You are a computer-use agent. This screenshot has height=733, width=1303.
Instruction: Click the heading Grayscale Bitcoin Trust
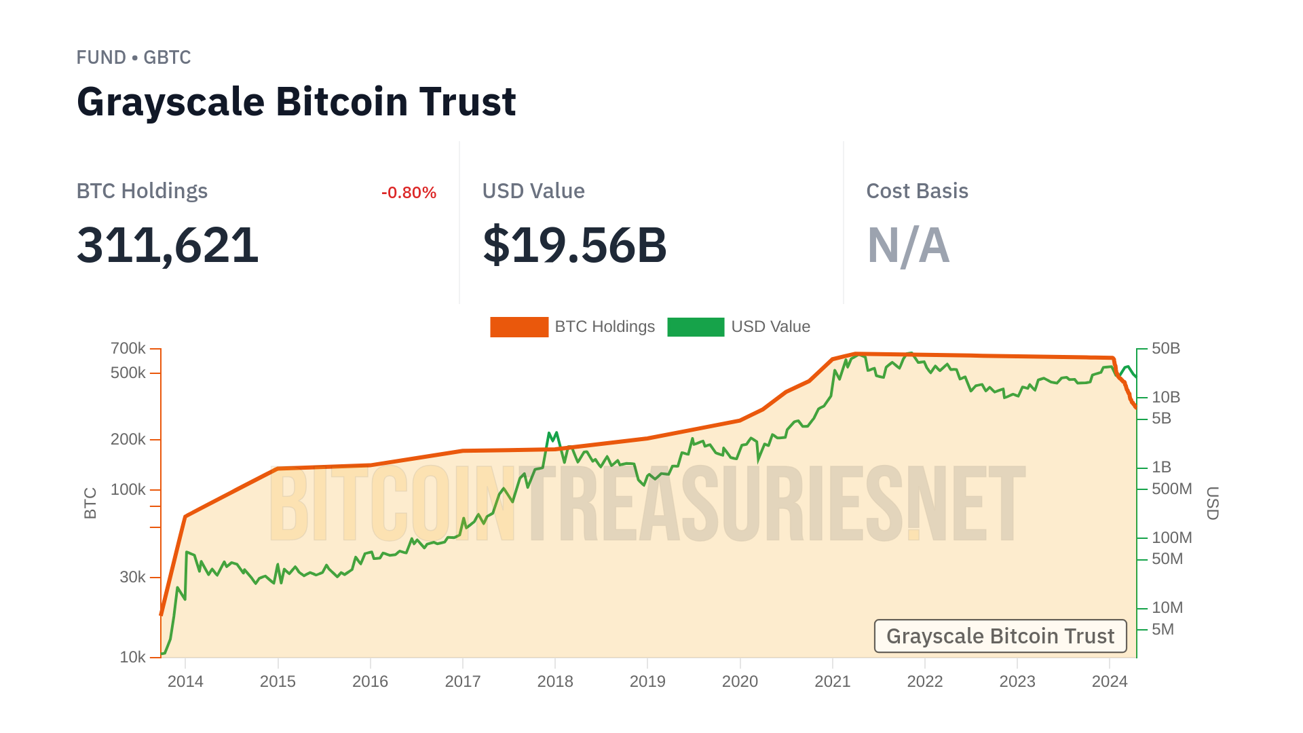pyautogui.click(x=296, y=102)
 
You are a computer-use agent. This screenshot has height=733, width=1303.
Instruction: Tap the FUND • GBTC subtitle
pyautogui.click(x=134, y=58)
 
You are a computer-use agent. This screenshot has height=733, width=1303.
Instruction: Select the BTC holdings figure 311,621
pyautogui.click(x=168, y=245)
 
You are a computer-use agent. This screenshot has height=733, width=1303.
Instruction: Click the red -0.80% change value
pyautogui.click(x=409, y=193)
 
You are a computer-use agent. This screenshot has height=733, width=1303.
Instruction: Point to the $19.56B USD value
pyautogui.click(x=574, y=245)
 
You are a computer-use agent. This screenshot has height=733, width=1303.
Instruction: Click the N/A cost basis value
pyautogui.click(x=908, y=245)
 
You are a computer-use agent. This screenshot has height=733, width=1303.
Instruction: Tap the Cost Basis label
pyautogui.click(x=917, y=191)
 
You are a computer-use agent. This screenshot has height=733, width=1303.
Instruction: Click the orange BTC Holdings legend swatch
pyautogui.click(x=519, y=327)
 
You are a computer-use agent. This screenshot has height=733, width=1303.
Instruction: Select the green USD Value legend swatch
pyautogui.click(x=696, y=327)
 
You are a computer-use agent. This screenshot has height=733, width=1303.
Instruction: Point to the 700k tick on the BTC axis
pyautogui.click(x=128, y=349)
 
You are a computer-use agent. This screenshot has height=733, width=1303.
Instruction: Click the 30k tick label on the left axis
pyautogui.click(x=132, y=578)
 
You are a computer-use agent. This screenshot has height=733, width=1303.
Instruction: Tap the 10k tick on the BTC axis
pyautogui.click(x=132, y=658)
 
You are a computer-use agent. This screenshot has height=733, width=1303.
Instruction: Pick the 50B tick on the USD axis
pyautogui.click(x=1166, y=349)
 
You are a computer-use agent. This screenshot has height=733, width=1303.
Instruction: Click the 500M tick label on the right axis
pyautogui.click(x=1171, y=489)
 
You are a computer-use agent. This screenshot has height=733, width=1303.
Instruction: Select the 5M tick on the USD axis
pyautogui.click(x=1163, y=629)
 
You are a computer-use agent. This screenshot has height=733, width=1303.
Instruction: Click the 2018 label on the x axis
pyautogui.click(x=555, y=681)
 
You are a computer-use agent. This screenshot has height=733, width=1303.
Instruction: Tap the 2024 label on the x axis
pyautogui.click(x=1110, y=681)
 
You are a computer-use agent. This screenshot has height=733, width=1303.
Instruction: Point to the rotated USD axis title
pyautogui.click(x=1212, y=504)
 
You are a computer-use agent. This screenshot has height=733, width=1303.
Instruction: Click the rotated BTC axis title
pyautogui.click(x=90, y=504)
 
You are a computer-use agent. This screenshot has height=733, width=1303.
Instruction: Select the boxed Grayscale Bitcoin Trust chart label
pyautogui.click(x=1000, y=636)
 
